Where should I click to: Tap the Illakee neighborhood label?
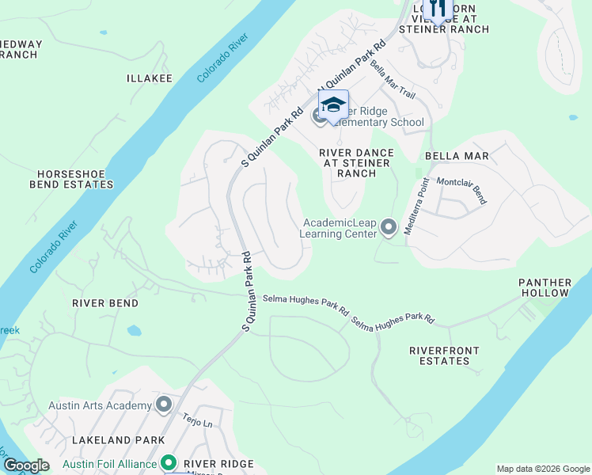(150, 78)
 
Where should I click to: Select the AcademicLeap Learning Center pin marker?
(389, 228)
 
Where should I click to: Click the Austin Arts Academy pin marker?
(165, 405)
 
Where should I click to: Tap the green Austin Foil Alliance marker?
(168, 463)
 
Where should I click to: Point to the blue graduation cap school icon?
(333, 106)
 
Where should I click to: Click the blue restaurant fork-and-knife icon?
(436, 9)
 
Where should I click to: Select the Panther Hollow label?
(545, 287)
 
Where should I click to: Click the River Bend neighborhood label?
(105, 303)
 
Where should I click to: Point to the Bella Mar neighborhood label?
(457, 156)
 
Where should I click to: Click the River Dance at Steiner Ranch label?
(355, 162)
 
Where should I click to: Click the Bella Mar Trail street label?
(393, 81)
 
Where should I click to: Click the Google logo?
(26, 465)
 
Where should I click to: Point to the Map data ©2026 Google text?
(543, 469)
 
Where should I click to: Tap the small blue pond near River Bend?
(134, 329)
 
